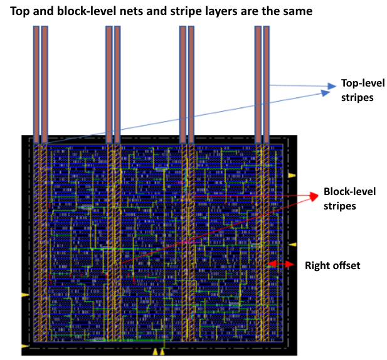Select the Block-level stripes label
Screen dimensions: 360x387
(349, 198)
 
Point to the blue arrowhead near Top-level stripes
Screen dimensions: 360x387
(327, 90)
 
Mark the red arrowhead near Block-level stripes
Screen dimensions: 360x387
(312, 196)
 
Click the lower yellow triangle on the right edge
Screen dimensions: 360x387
(292, 244)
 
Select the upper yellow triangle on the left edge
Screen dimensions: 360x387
(25, 294)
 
